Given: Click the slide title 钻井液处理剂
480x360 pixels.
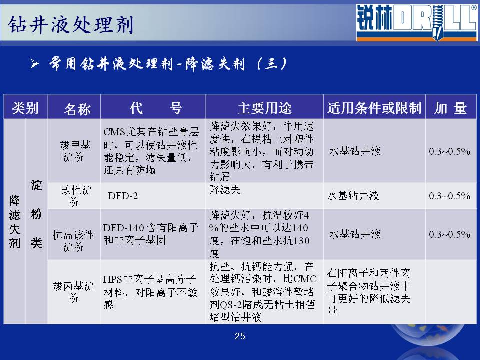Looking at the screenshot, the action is click(x=71, y=24).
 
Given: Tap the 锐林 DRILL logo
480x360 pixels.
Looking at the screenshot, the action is click(x=416, y=22).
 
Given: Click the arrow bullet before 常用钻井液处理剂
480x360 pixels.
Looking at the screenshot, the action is click(x=35, y=64).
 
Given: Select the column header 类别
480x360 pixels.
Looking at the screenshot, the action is click(x=25, y=108).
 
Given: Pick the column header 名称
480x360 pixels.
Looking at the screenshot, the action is click(x=77, y=109).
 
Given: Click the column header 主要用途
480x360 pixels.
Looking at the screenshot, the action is click(x=265, y=108).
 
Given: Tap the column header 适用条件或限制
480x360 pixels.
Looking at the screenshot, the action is click(x=374, y=108).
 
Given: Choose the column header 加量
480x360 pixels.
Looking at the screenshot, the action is click(x=450, y=108).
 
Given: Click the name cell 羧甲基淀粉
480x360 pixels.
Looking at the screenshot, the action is click(x=74, y=151).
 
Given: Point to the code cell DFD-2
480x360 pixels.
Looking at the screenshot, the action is click(x=123, y=196).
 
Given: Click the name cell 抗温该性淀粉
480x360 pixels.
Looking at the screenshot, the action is click(x=73, y=241).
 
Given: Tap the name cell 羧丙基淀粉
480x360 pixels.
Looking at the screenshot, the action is click(x=73, y=291).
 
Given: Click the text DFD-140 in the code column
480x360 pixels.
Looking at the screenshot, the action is click(x=123, y=228).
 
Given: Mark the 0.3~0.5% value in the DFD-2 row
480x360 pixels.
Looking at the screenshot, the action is click(x=449, y=196).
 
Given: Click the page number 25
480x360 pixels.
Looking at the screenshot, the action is click(x=240, y=336).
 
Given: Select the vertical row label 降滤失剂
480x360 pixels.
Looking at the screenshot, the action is click(x=14, y=222).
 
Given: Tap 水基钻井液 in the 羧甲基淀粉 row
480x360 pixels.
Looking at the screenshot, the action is click(x=355, y=151).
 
